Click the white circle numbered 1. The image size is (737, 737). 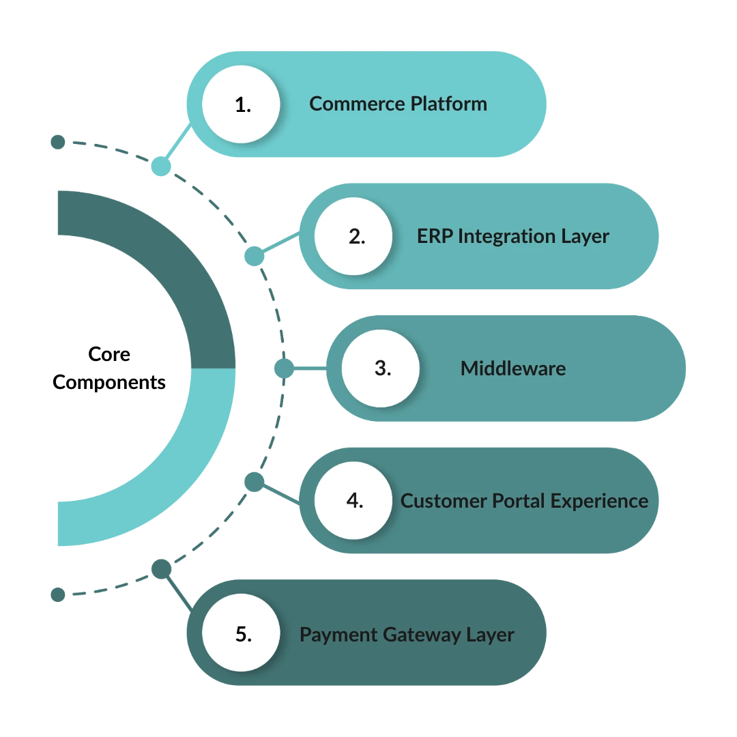(x=242, y=104)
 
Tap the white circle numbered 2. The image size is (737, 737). (x=353, y=237)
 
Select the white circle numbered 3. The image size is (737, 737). (x=381, y=369)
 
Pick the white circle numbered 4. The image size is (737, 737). (x=353, y=501)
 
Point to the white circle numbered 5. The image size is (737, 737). (x=242, y=634)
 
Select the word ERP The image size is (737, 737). (x=435, y=237)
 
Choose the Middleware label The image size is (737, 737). (x=513, y=369)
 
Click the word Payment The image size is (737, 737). (x=338, y=635)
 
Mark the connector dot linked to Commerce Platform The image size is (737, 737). (x=160, y=166)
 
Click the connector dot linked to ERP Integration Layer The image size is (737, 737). (x=253, y=256)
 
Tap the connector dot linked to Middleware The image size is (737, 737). (x=283, y=369)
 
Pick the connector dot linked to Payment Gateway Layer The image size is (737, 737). (x=160, y=569)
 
